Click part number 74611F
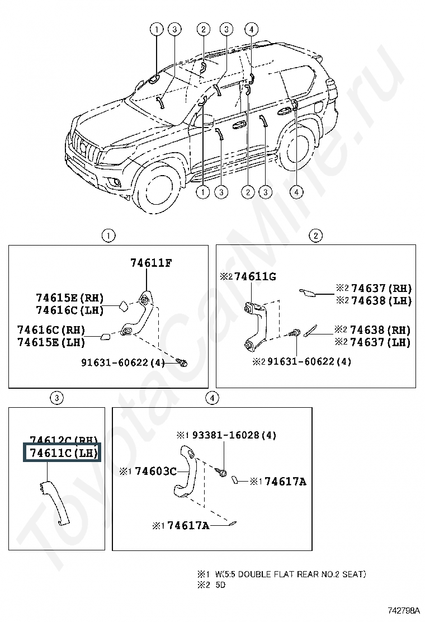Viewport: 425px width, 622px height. [151, 262]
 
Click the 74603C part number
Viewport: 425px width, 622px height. [153, 472]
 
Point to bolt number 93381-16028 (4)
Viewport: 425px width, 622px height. [226, 435]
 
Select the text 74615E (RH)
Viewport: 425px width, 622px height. [70, 298]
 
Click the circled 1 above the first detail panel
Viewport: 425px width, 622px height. [107, 235]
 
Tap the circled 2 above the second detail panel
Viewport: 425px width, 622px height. [315, 235]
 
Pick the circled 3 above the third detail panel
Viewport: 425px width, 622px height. [56, 398]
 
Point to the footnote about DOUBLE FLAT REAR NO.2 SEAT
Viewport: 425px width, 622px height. [281, 574]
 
